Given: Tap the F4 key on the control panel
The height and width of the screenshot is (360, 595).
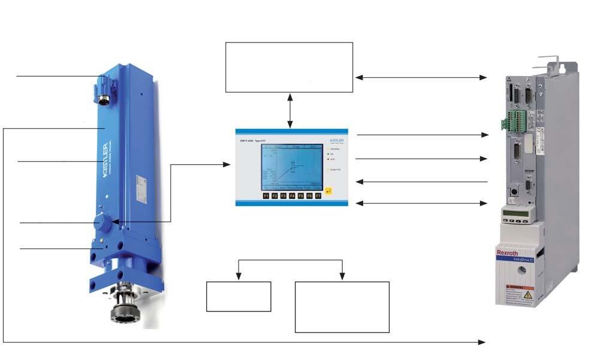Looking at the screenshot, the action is pyautogui.click(x=292, y=195).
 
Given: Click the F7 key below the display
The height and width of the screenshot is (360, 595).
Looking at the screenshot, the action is pyautogui.click(x=318, y=195).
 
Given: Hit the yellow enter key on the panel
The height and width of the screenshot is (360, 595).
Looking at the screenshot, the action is pyautogui.click(x=328, y=191).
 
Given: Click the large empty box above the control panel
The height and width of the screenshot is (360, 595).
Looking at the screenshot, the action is pyautogui.click(x=289, y=67).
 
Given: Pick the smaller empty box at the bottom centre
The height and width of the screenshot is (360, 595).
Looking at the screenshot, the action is pyautogui.click(x=238, y=297).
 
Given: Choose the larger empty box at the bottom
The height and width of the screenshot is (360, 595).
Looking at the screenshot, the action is pyautogui.click(x=342, y=307).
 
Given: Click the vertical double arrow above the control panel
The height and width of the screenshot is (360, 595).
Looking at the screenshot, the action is pyautogui.click(x=290, y=110).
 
